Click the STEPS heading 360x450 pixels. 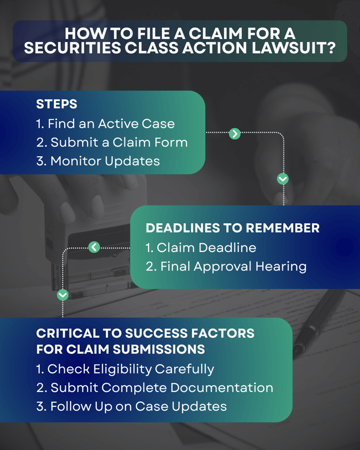pos(57,104)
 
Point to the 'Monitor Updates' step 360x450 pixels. pos(98,161)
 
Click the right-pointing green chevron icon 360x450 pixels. pos(235,134)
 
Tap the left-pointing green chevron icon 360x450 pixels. pos(94,247)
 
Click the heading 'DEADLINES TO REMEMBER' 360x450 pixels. pos(232,228)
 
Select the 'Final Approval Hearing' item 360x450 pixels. pos(226,266)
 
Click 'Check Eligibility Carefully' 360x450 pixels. pos(125,369)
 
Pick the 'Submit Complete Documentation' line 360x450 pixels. pos(155,388)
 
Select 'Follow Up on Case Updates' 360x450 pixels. pos(132,406)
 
